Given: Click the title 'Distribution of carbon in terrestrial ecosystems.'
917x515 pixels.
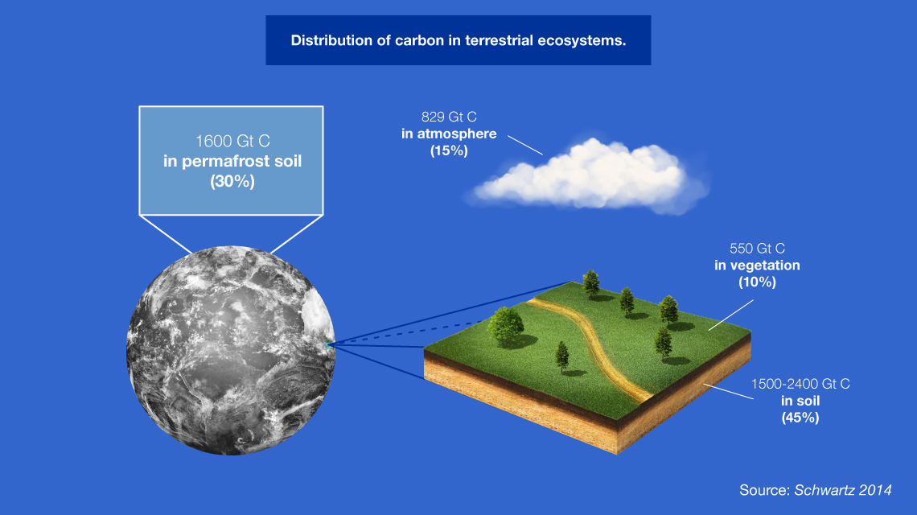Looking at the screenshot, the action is point(458,40).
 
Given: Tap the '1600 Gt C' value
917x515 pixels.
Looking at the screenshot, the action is point(232,141).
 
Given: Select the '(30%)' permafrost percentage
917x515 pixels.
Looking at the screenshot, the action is point(232,181).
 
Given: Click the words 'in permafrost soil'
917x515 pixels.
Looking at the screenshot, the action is point(232,161).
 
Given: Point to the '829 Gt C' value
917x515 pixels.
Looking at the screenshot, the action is point(449,117).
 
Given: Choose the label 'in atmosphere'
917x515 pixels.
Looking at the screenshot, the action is point(449,134).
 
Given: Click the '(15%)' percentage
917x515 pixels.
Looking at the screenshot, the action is point(449,150).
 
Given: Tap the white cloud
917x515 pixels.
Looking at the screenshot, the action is point(588,175).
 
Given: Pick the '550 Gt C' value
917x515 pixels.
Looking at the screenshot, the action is point(757,248).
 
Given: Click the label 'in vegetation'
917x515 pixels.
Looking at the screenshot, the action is point(757,265).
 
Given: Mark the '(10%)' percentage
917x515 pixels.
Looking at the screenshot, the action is point(757,282).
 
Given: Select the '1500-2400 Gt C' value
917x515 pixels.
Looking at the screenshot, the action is point(800,384).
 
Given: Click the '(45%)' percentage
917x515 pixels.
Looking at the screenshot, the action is point(800,418).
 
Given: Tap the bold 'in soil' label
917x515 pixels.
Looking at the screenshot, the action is point(800,401).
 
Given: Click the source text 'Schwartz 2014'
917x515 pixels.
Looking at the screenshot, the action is point(843,490).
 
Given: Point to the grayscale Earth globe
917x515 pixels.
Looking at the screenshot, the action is point(231,350).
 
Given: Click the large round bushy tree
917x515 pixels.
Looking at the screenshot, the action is point(505,327).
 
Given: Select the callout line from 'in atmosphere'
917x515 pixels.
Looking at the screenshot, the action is point(525,145).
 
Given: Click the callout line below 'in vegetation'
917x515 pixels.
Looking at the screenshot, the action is point(731,315).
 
